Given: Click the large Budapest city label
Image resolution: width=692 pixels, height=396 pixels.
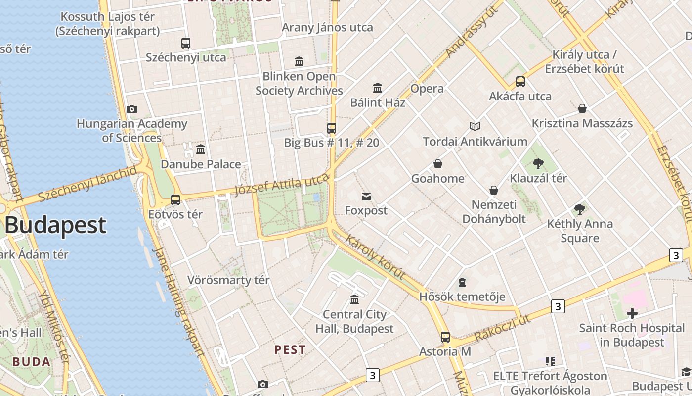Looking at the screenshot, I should (55, 225).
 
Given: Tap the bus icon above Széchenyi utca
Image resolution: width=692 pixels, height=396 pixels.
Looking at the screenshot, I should (186, 43).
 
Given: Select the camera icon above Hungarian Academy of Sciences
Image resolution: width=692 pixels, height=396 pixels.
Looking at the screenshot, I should (132, 109).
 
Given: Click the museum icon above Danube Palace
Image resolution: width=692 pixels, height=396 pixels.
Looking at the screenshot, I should (201, 149).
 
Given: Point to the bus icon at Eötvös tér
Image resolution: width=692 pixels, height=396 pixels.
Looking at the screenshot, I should (175, 200).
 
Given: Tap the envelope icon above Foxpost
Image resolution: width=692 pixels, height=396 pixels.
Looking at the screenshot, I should (366, 197).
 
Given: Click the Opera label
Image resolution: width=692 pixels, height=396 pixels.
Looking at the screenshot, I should (427, 89).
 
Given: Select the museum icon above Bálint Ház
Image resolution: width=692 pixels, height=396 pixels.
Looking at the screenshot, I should (378, 88).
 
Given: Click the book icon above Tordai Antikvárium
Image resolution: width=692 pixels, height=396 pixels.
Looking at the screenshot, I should (475, 126).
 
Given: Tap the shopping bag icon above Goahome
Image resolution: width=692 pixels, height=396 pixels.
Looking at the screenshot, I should (437, 164).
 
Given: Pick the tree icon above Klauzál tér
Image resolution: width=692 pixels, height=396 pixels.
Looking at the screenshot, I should (539, 163).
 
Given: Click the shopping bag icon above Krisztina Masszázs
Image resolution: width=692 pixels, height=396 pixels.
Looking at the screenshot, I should (582, 108).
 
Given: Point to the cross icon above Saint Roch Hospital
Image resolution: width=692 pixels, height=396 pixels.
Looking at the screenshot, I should (632, 313).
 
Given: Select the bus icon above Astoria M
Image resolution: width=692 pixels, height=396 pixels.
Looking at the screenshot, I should (445, 337).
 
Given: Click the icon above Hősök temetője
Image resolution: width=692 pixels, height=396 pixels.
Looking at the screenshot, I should (462, 282).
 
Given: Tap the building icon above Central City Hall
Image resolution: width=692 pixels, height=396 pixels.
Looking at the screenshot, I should (354, 299).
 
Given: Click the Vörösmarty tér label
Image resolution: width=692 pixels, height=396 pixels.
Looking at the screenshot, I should (228, 280).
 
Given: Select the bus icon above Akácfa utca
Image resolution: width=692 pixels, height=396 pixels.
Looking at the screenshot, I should (520, 82).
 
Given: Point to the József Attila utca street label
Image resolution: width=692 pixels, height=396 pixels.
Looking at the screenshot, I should (282, 185).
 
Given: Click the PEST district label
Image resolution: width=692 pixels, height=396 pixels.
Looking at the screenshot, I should (290, 349).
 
